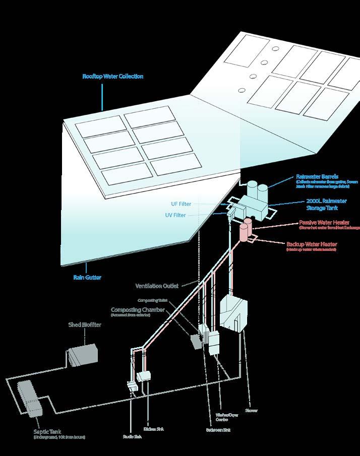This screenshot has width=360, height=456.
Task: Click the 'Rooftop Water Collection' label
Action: (x=113, y=77)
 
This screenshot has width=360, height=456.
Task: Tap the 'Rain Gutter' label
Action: (x=87, y=277)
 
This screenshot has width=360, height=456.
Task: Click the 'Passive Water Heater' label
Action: (x=324, y=222)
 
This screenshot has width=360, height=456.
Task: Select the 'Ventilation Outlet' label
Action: (x=157, y=286)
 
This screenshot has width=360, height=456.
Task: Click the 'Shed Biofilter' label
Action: (x=85, y=325)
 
